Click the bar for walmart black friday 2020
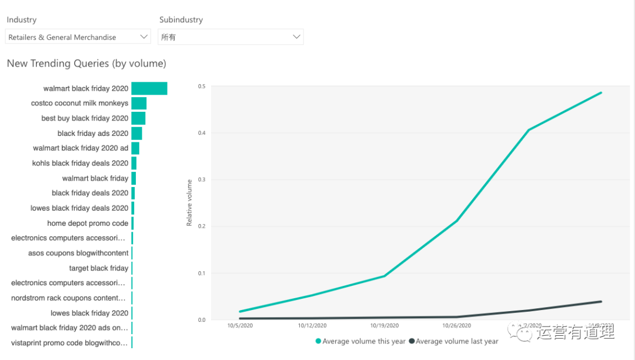(149, 88)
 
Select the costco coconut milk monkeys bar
(139, 103)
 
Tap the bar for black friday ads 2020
(136, 134)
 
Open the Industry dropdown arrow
(144, 37)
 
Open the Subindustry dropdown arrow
(296, 37)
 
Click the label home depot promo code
(88, 224)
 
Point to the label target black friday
(99, 268)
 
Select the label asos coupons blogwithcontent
(78, 254)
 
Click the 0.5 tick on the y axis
(202, 86)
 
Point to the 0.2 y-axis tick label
(202, 226)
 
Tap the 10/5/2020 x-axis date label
(239, 325)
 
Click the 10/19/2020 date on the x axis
(385, 325)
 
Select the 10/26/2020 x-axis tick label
(457, 325)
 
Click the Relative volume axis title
(189, 203)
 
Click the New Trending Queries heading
(86, 64)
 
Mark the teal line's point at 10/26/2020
(457, 221)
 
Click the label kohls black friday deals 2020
(80, 163)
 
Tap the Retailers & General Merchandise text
(62, 38)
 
